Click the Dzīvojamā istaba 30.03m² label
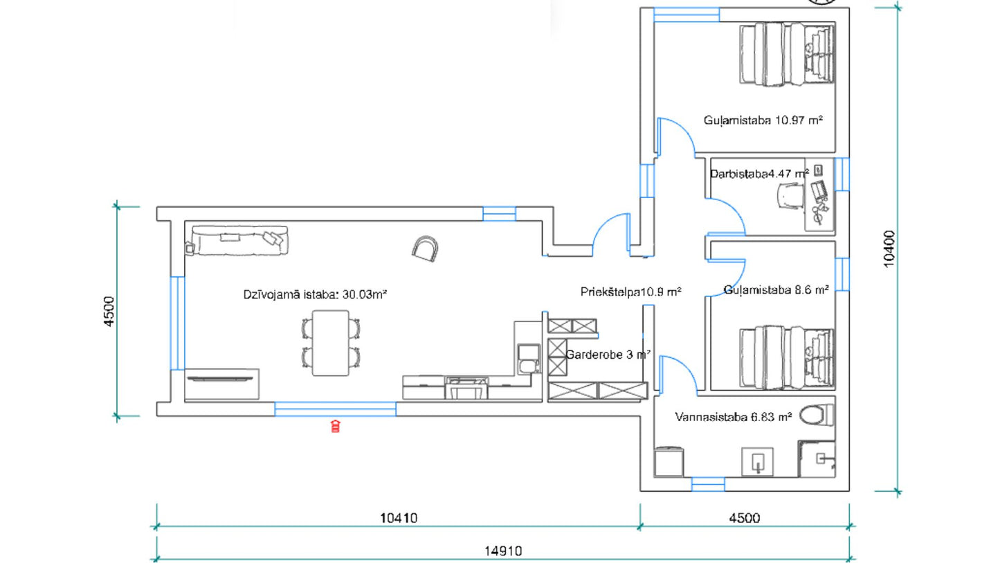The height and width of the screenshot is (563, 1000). [315, 294]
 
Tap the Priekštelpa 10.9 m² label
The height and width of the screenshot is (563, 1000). [631, 292]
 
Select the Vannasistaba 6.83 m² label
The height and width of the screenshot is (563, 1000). [733, 417]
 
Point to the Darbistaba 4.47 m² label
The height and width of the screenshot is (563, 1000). [759, 174]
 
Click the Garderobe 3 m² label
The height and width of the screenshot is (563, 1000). [608, 355]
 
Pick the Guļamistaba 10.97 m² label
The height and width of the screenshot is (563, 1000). [763, 120]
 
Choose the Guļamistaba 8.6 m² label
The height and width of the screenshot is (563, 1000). [776, 290]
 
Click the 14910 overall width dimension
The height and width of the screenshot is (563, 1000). [503, 551]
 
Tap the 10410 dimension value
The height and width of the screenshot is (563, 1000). [399, 518]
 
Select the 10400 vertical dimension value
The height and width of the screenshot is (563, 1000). [889, 249]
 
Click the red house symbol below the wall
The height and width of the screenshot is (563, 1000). [335, 427]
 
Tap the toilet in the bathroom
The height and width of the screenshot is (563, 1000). [816, 415]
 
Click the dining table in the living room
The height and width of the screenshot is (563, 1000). [330, 343]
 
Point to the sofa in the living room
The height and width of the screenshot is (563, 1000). [238, 241]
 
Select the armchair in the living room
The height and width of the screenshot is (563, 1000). [425, 249]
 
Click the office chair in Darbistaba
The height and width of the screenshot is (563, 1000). [790, 196]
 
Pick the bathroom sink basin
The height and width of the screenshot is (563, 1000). [758, 462]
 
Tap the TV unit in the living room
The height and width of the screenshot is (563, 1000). [222, 384]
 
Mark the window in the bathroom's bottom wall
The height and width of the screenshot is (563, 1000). [707, 484]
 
